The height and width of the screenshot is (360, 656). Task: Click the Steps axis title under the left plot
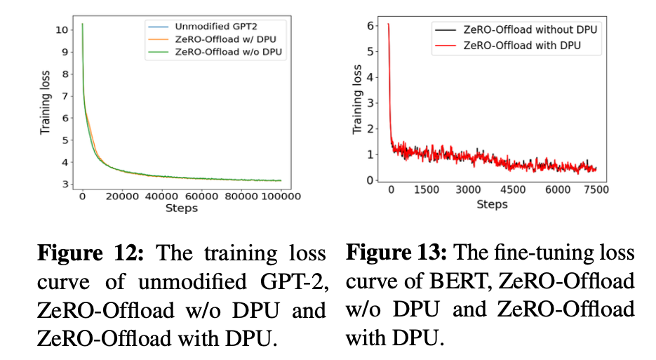(x=181, y=208)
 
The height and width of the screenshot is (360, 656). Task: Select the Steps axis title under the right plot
(x=492, y=204)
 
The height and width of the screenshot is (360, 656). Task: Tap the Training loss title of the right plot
(x=357, y=104)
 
